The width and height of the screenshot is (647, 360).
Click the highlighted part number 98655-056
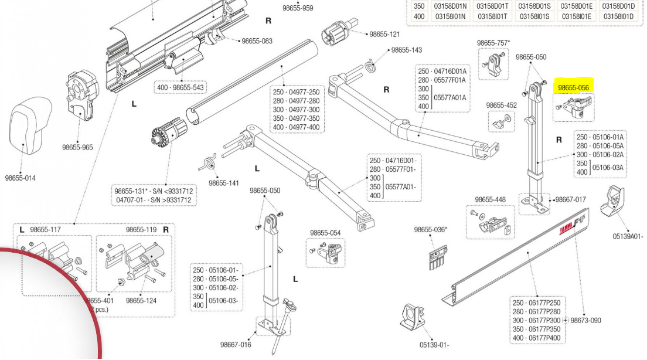coord(573,88)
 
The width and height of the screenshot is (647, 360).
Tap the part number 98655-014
coord(21,178)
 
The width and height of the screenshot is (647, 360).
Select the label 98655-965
coord(77,147)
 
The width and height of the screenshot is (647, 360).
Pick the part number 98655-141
coord(224,183)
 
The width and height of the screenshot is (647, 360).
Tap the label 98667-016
coord(236,344)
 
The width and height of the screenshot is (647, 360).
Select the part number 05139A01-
coord(628,236)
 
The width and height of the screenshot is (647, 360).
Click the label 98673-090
coord(586,321)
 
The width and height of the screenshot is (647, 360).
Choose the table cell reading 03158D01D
coord(618,6)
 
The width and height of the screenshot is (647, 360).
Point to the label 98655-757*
coord(493,43)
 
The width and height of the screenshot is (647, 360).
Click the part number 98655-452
coord(502,105)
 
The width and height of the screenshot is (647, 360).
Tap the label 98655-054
coord(325,233)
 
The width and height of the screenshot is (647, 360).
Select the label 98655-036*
coord(431,229)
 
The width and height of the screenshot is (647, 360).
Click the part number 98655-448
coord(490,199)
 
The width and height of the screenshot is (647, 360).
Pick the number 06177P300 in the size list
coord(544,321)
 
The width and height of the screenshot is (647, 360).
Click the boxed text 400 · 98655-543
coord(181,87)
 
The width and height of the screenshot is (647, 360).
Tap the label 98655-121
coord(384,34)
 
